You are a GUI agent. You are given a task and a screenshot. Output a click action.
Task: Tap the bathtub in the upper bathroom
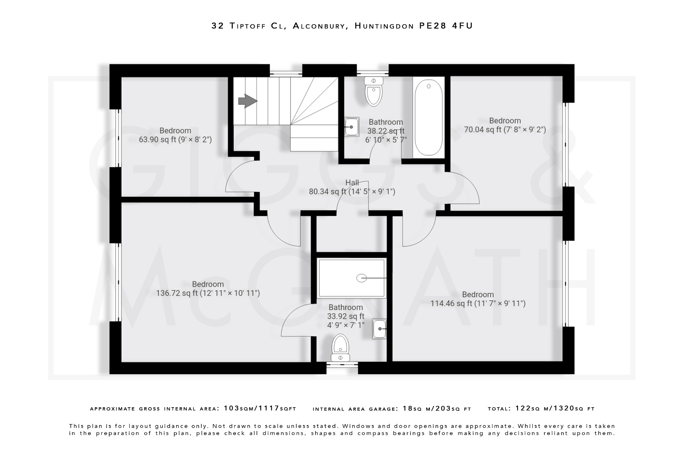click(429, 118)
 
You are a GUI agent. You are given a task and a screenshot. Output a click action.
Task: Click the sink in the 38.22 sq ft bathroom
click(352, 127)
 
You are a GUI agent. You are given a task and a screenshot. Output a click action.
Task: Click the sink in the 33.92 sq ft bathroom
click(379, 329)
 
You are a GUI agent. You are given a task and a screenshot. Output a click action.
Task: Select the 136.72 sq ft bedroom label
click(208, 289)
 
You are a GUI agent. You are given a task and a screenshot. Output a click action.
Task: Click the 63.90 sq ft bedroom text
click(175, 135)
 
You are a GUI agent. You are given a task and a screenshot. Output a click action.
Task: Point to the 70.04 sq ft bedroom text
click(505, 125)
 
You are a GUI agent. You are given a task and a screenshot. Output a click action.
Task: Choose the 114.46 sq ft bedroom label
click(478, 299)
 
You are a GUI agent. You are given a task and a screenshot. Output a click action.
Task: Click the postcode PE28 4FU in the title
click(446, 26)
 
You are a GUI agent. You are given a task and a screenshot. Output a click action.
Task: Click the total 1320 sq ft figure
click(564, 408)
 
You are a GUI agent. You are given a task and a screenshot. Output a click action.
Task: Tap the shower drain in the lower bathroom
click(361, 278)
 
